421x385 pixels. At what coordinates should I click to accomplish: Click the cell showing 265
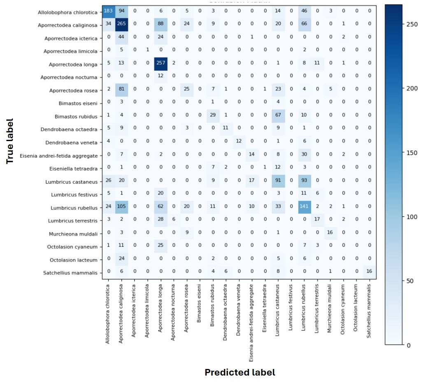coord(121,26)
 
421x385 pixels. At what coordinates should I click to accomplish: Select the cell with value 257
coord(160,64)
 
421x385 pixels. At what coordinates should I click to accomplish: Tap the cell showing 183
coord(108,12)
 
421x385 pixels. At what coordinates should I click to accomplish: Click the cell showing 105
coord(121,208)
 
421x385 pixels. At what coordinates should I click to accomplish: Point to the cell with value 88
coord(160,26)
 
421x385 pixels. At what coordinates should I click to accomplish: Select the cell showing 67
coord(277,116)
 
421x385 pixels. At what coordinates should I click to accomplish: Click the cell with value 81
coord(121,90)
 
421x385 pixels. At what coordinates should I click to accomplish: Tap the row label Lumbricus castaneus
coord(74,181)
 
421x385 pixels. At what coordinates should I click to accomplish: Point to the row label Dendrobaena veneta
coord(72,142)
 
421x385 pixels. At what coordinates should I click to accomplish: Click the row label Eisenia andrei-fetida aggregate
coord(61,155)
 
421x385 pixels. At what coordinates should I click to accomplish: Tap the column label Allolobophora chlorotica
coord(108,313)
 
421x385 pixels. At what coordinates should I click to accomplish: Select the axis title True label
coord(10,141)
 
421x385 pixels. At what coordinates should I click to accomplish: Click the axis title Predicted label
coord(240,373)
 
